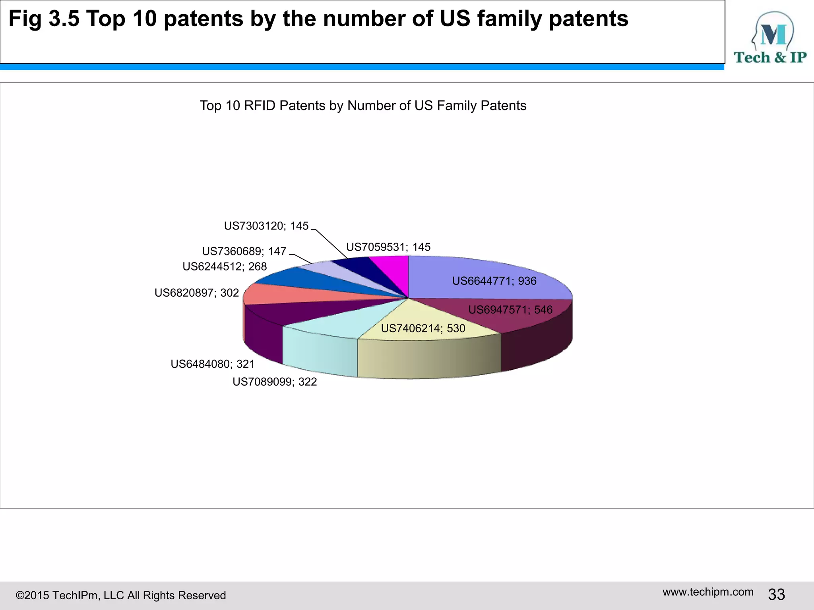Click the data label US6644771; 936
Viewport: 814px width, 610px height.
494,281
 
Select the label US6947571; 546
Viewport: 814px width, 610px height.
510,310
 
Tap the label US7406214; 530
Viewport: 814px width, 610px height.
423,328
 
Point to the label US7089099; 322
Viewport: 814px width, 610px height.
275,382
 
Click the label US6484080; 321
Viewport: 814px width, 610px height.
213,364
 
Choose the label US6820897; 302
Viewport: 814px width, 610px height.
197,293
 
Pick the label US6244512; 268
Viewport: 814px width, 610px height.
225,266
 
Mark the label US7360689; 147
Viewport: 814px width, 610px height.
244,251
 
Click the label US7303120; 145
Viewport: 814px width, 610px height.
266,226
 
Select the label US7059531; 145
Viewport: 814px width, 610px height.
388,247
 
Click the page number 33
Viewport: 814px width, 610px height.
776,595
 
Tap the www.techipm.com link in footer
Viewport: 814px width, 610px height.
708,592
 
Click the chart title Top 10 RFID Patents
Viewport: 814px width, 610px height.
362,106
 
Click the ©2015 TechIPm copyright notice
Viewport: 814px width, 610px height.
120,595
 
